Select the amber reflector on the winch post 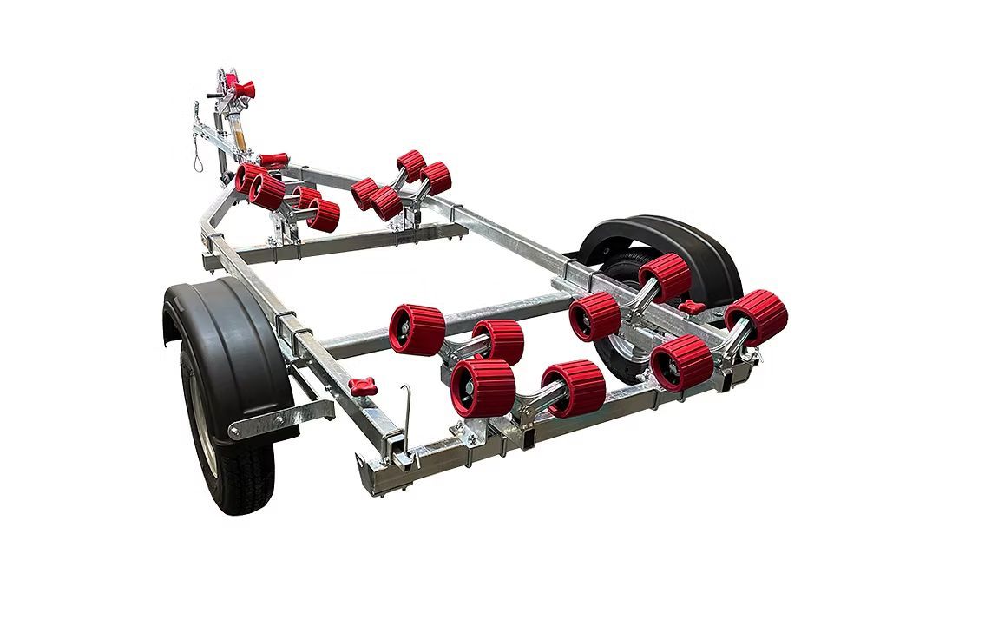point(239,138)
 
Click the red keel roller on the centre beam point(273,161)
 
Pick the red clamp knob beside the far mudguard point(692,307)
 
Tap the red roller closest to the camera point(483,387)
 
